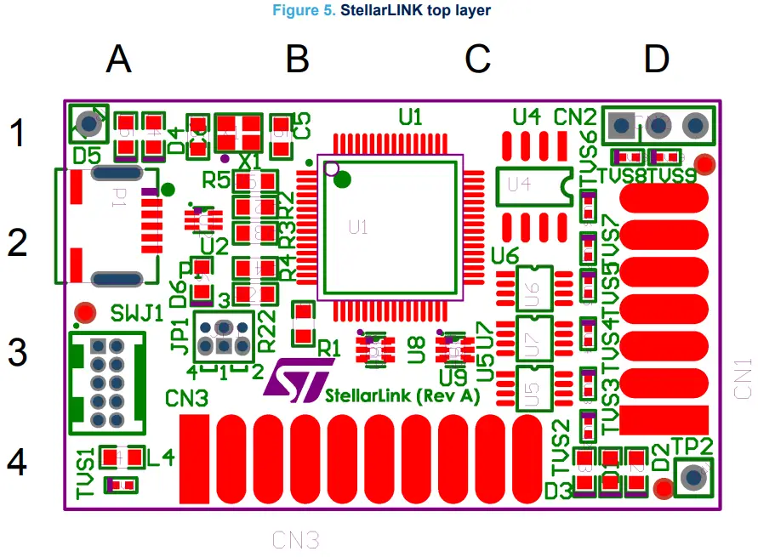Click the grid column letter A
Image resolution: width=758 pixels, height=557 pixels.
coord(119,60)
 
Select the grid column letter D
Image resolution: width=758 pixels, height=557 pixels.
coord(656,60)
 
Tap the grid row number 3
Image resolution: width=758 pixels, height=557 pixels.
coord(18,352)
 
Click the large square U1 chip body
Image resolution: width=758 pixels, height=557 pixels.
coord(390,227)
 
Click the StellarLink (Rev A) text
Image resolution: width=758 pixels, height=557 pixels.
coord(402,396)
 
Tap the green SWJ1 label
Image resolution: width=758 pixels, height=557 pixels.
coord(136,313)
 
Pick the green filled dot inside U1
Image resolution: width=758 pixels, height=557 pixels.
coord(343,179)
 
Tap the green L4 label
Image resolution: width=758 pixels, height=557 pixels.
coord(161,458)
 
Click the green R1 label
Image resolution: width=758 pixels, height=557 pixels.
coord(328,349)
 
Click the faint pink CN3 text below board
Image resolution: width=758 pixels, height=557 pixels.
coord(295,539)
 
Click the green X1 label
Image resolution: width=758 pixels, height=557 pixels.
coord(248,161)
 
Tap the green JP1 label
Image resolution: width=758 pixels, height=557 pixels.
coord(180,338)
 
